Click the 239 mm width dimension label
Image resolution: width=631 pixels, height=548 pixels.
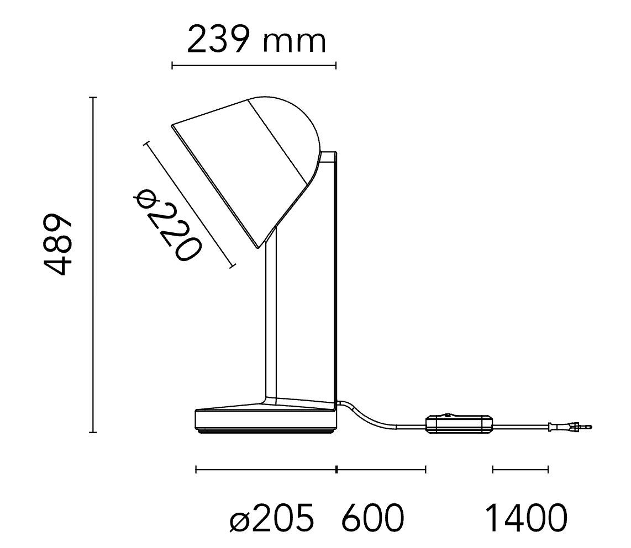point(256,39)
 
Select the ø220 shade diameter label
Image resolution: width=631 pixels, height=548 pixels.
point(167,225)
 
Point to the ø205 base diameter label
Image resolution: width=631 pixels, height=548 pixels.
point(272,518)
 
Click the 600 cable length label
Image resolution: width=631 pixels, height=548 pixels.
point(372,518)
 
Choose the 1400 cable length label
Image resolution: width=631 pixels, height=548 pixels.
point(527,518)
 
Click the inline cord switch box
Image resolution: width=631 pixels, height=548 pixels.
point(459,425)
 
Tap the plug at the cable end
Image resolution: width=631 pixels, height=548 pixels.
point(571,425)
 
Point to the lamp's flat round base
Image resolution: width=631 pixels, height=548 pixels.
point(266,421)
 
